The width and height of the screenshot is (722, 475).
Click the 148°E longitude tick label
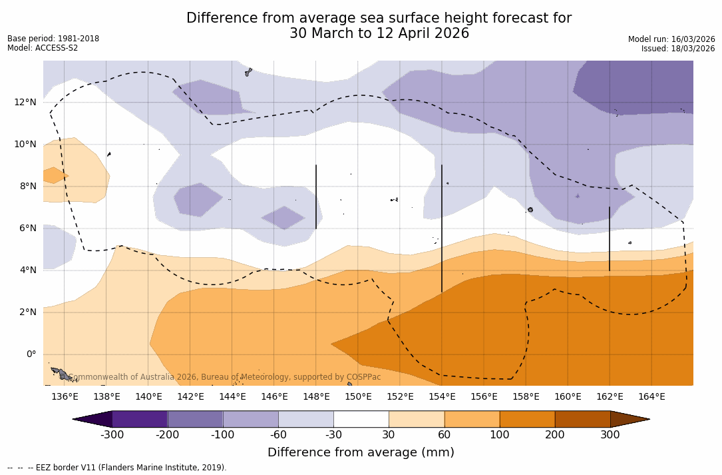click(x=316, y=396)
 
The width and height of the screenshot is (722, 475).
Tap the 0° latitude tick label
click(x=31, y=354)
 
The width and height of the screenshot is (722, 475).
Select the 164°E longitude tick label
click(x=651, y=396)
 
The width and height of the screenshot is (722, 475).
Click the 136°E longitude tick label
click(x=65, y=396)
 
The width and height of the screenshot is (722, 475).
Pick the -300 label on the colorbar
click(x=112, y=435)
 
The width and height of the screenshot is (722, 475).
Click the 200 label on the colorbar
click(x=555, y=435)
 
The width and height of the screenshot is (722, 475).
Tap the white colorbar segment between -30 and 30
click(x=361, y=419)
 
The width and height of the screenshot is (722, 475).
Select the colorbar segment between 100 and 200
click(x=527, y=419)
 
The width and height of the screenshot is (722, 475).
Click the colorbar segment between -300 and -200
click(x=140, y=419)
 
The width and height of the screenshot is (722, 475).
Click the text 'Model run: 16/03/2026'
click(x=671, y=39)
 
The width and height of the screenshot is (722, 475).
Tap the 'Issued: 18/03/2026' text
click(x=678, y=49)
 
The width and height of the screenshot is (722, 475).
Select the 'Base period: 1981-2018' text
click(x=53, y=39)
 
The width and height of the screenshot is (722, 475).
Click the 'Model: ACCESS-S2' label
click(x=43, y=48)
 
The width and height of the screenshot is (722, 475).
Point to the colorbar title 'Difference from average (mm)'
click(x=361, y=452)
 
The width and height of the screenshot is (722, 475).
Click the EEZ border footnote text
click(x=117, y=468)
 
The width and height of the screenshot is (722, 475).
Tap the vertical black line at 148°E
click(x=316, y=197)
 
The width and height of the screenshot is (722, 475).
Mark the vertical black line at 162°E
click(x=610, y=238)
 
